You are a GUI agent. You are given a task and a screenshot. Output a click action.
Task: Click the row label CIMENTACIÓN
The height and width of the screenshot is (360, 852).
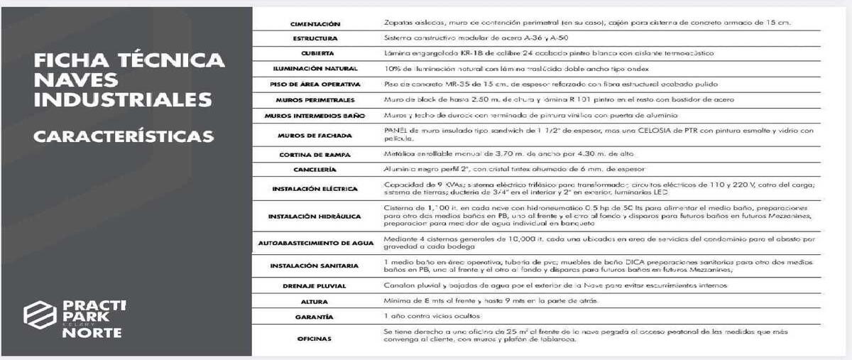[315, 23]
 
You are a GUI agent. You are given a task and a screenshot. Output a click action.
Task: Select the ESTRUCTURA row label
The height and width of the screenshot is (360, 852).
[315, 38]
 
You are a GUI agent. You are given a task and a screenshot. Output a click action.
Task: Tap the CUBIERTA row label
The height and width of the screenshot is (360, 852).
[315, 53]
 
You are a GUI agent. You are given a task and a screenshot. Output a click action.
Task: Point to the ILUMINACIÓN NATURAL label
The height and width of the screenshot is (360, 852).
[315, 69]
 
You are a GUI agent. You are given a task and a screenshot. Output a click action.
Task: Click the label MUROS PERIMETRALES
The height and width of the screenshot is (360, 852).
[315, 99]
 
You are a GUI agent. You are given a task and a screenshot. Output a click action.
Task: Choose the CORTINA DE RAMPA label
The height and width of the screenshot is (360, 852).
[315, 154]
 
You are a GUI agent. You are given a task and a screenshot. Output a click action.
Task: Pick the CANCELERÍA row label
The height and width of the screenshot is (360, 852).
[315, 170]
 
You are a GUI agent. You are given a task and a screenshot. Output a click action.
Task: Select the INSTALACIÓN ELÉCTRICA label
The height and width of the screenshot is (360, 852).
[315, 189]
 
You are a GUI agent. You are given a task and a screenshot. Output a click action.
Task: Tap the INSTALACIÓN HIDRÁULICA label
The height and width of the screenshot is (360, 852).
[315, 216]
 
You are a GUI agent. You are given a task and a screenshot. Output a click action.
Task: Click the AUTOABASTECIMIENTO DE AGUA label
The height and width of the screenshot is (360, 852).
[315, 243]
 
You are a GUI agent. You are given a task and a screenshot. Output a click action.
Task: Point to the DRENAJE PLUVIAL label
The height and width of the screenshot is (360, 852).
[315, 285]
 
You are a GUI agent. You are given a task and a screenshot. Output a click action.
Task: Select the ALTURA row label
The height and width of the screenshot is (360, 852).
[315, 301]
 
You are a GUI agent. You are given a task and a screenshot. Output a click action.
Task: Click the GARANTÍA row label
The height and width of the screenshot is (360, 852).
[315, 316]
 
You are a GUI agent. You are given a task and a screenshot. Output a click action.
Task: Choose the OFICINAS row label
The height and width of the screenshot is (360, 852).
[315, 339]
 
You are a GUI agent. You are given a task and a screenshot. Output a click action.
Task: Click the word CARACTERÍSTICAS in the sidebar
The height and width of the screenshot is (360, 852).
[123, 135]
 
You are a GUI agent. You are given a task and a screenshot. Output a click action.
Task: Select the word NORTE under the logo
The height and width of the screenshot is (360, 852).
[92, 332]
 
